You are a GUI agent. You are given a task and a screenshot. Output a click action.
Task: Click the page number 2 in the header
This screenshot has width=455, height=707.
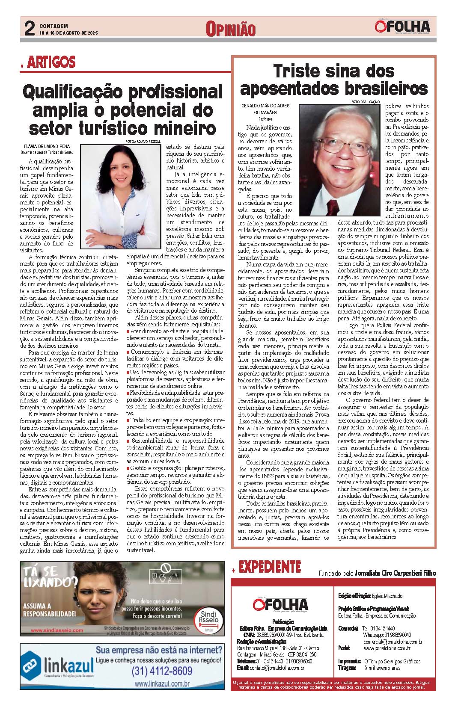point(29,29)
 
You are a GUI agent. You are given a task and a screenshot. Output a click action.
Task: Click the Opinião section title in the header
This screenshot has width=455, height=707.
point(230,29)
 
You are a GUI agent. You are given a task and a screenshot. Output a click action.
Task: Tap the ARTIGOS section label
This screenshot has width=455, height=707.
point(51,62)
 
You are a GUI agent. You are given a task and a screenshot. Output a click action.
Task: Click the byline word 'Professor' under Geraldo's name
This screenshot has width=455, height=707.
point(265,119)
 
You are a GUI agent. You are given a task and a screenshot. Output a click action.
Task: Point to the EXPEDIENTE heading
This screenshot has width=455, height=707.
point(270,567)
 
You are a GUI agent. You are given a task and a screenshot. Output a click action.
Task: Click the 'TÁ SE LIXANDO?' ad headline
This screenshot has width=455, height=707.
point(49,577)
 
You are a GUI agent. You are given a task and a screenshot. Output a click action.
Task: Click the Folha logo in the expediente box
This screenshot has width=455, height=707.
point(280,604)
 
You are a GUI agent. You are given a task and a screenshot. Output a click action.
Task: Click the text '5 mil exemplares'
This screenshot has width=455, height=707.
point(382,668)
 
